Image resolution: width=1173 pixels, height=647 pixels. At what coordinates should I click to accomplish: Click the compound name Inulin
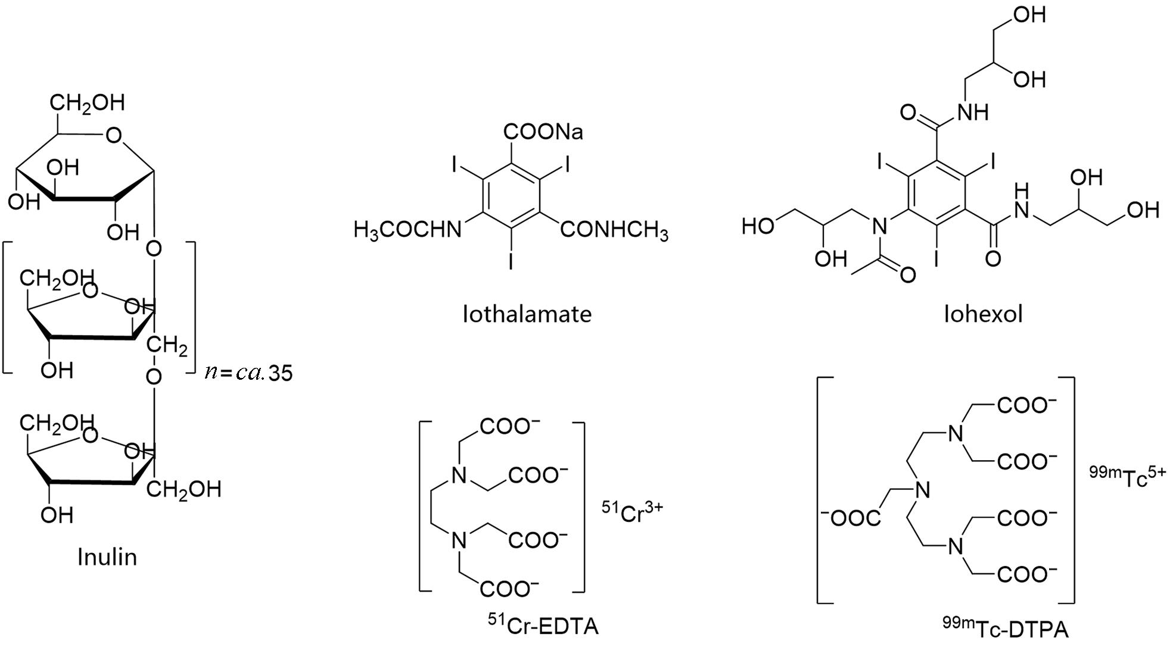click(x=107, y=557)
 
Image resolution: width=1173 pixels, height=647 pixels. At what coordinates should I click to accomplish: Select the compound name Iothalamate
click(x=527, y=314)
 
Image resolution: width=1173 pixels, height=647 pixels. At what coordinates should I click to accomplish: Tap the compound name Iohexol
click(x=983, y=314)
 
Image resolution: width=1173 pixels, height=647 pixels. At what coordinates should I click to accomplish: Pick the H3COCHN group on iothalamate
click(x=407, y=229)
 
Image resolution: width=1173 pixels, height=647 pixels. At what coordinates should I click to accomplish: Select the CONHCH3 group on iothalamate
click(x=614, y=230)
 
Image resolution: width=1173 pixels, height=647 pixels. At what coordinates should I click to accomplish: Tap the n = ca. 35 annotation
click(x=248, y=373)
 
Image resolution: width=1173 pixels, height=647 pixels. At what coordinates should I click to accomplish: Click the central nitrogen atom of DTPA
click(x=923, y=491)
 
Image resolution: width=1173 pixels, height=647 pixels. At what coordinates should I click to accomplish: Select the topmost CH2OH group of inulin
click(x=87, y=102)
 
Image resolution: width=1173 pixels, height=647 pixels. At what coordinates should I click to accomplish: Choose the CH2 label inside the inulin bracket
click(x=169, y=345)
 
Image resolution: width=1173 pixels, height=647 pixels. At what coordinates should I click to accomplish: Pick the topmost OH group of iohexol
click(x=1029, y=14)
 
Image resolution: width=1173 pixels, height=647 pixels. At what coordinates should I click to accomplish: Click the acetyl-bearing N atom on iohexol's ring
click(x=876, y=226)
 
